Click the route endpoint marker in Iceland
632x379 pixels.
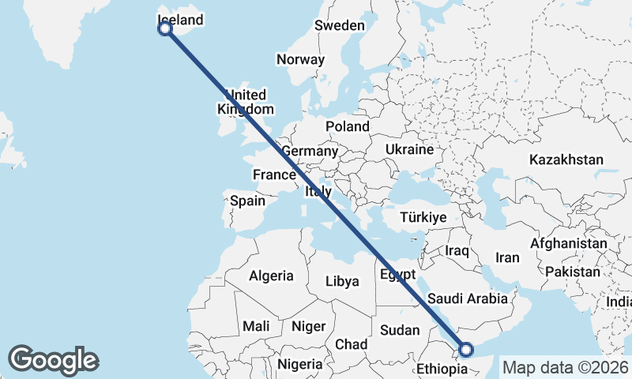click(x=165, y=29)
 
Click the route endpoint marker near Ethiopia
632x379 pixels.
click(x=466, y=349)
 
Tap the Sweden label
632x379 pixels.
click(x=339, y=25)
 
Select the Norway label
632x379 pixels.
click(x=299, y=59)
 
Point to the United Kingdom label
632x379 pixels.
click(x=246, y=102)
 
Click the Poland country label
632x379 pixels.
click(x=347, y=126)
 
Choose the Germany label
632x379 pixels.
click(x=310, y=151)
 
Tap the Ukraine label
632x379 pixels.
click(x=409, y=149)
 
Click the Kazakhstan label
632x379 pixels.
click(x=566, y=159)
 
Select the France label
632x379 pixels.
click(x=273, y=174)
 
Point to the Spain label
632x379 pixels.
click(x=247, y=201)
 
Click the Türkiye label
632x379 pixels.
click(x=423, y=217)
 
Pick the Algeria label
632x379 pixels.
click(x=271, y=276)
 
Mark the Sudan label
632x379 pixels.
click(x=400, y=329)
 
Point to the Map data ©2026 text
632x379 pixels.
click(x=566, y=367)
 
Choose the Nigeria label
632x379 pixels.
click(x=299, y=365)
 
